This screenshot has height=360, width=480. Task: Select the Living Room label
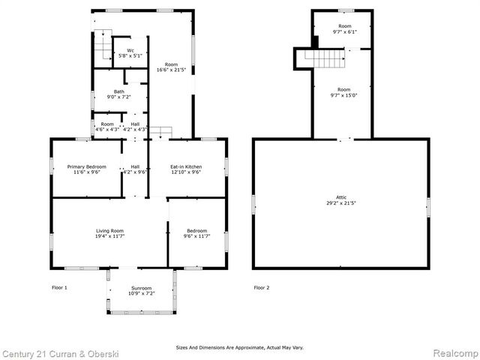109,230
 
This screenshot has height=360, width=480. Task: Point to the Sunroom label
141,288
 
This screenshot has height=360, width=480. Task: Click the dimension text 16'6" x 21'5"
172,70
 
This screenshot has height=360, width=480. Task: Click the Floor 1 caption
59,287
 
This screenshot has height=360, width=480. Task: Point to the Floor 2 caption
261,287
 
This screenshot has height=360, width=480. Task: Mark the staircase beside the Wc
102,46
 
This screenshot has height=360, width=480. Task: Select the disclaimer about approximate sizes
240,347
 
